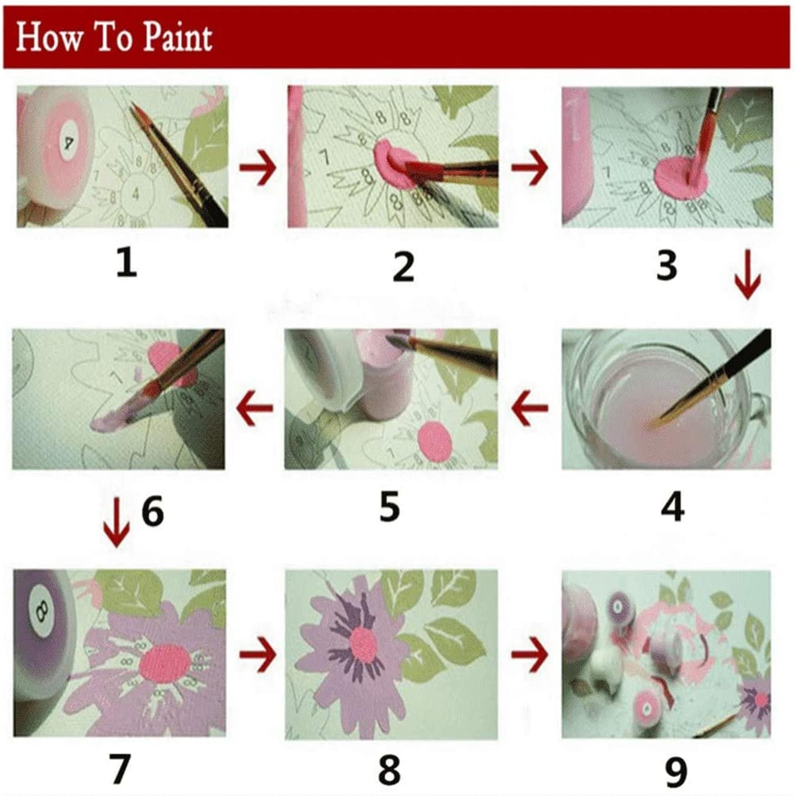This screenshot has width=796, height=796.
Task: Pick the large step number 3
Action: (667, 266)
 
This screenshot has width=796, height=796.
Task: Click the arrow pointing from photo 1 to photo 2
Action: (258, 168)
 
